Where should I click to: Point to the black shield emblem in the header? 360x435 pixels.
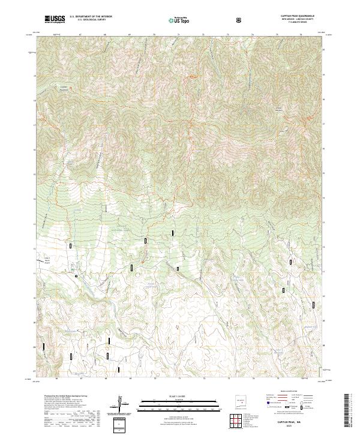(x=240, y=20)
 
